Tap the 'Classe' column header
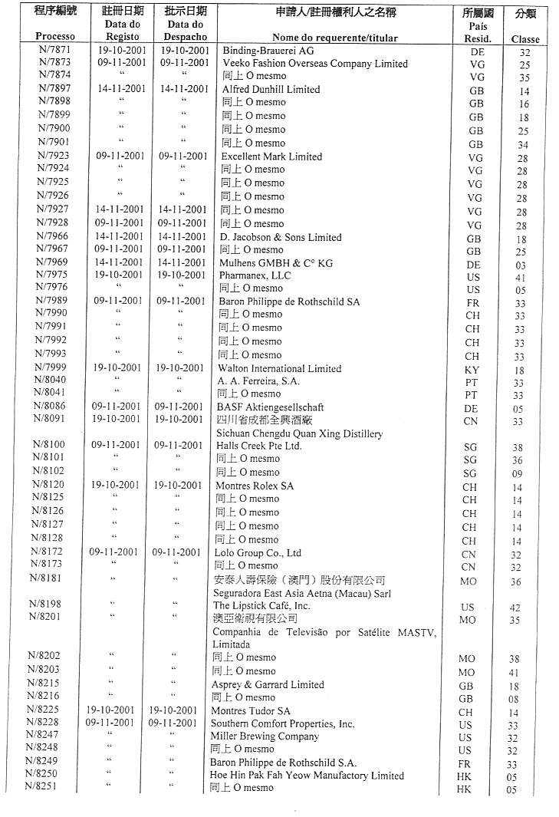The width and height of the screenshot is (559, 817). click(x=525, y=39)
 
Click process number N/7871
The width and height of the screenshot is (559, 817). click(x=54, y=50)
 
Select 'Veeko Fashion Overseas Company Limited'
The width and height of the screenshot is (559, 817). click(x=315, y=64)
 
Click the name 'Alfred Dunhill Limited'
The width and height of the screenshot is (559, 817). click(x=271, y=89)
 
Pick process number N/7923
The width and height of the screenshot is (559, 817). click(x=54, y=156)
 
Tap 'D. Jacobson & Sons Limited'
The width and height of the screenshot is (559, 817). click(x=281, y=237)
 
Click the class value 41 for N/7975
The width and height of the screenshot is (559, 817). click(x=520, y=275)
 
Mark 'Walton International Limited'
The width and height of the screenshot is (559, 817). click(x=280, y=368)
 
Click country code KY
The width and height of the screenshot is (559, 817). click(x=472, y=370)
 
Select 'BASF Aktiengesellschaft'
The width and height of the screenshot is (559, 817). click(x=270, y=407)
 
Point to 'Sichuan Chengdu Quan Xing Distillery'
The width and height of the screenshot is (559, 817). click(x=299, y=433)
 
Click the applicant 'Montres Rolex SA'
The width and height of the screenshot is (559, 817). click(x=255, y=486)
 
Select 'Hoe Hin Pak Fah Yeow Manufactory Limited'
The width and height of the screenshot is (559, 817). click(x=307, y=776)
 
